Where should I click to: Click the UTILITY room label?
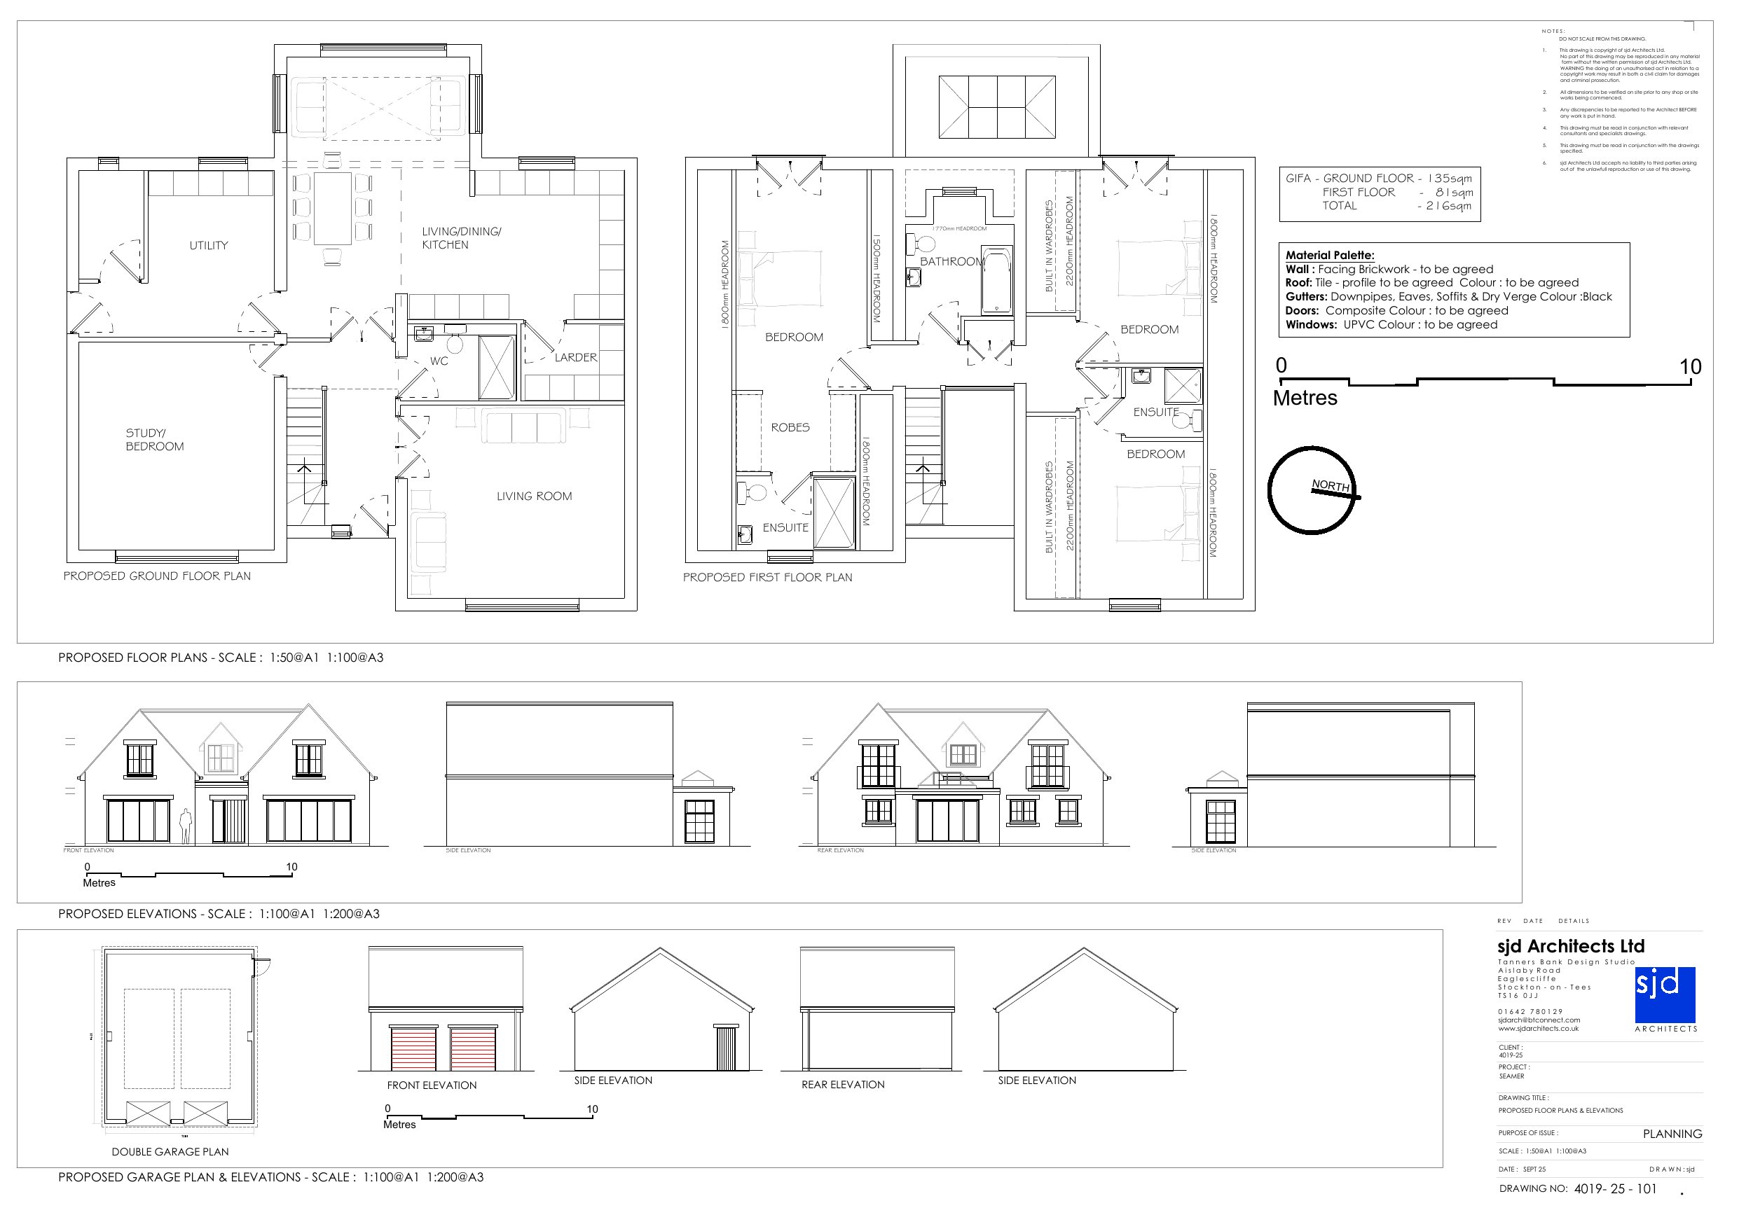tap(208, 245)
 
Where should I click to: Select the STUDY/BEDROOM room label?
tap(155, 440)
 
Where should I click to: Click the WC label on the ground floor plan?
tap(439, 361)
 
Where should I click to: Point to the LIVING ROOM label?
tap(534, 497)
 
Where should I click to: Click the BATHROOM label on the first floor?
tap(951, 262)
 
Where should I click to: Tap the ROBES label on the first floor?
tap(790, 428)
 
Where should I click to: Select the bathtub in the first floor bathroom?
tap(996, 279)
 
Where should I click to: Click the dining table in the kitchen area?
tap(333, 207)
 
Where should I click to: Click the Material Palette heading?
tap(1329, 255)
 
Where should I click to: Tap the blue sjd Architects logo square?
tap(1665, 994)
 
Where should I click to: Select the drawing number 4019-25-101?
tap(1615, 1189)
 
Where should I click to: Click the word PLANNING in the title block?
tap(1672, 1134)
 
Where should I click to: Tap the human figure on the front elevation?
tap(185, 826)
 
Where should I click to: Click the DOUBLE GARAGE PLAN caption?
tap(170, 1152)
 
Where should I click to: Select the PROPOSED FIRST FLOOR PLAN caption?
tap(767, 578)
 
